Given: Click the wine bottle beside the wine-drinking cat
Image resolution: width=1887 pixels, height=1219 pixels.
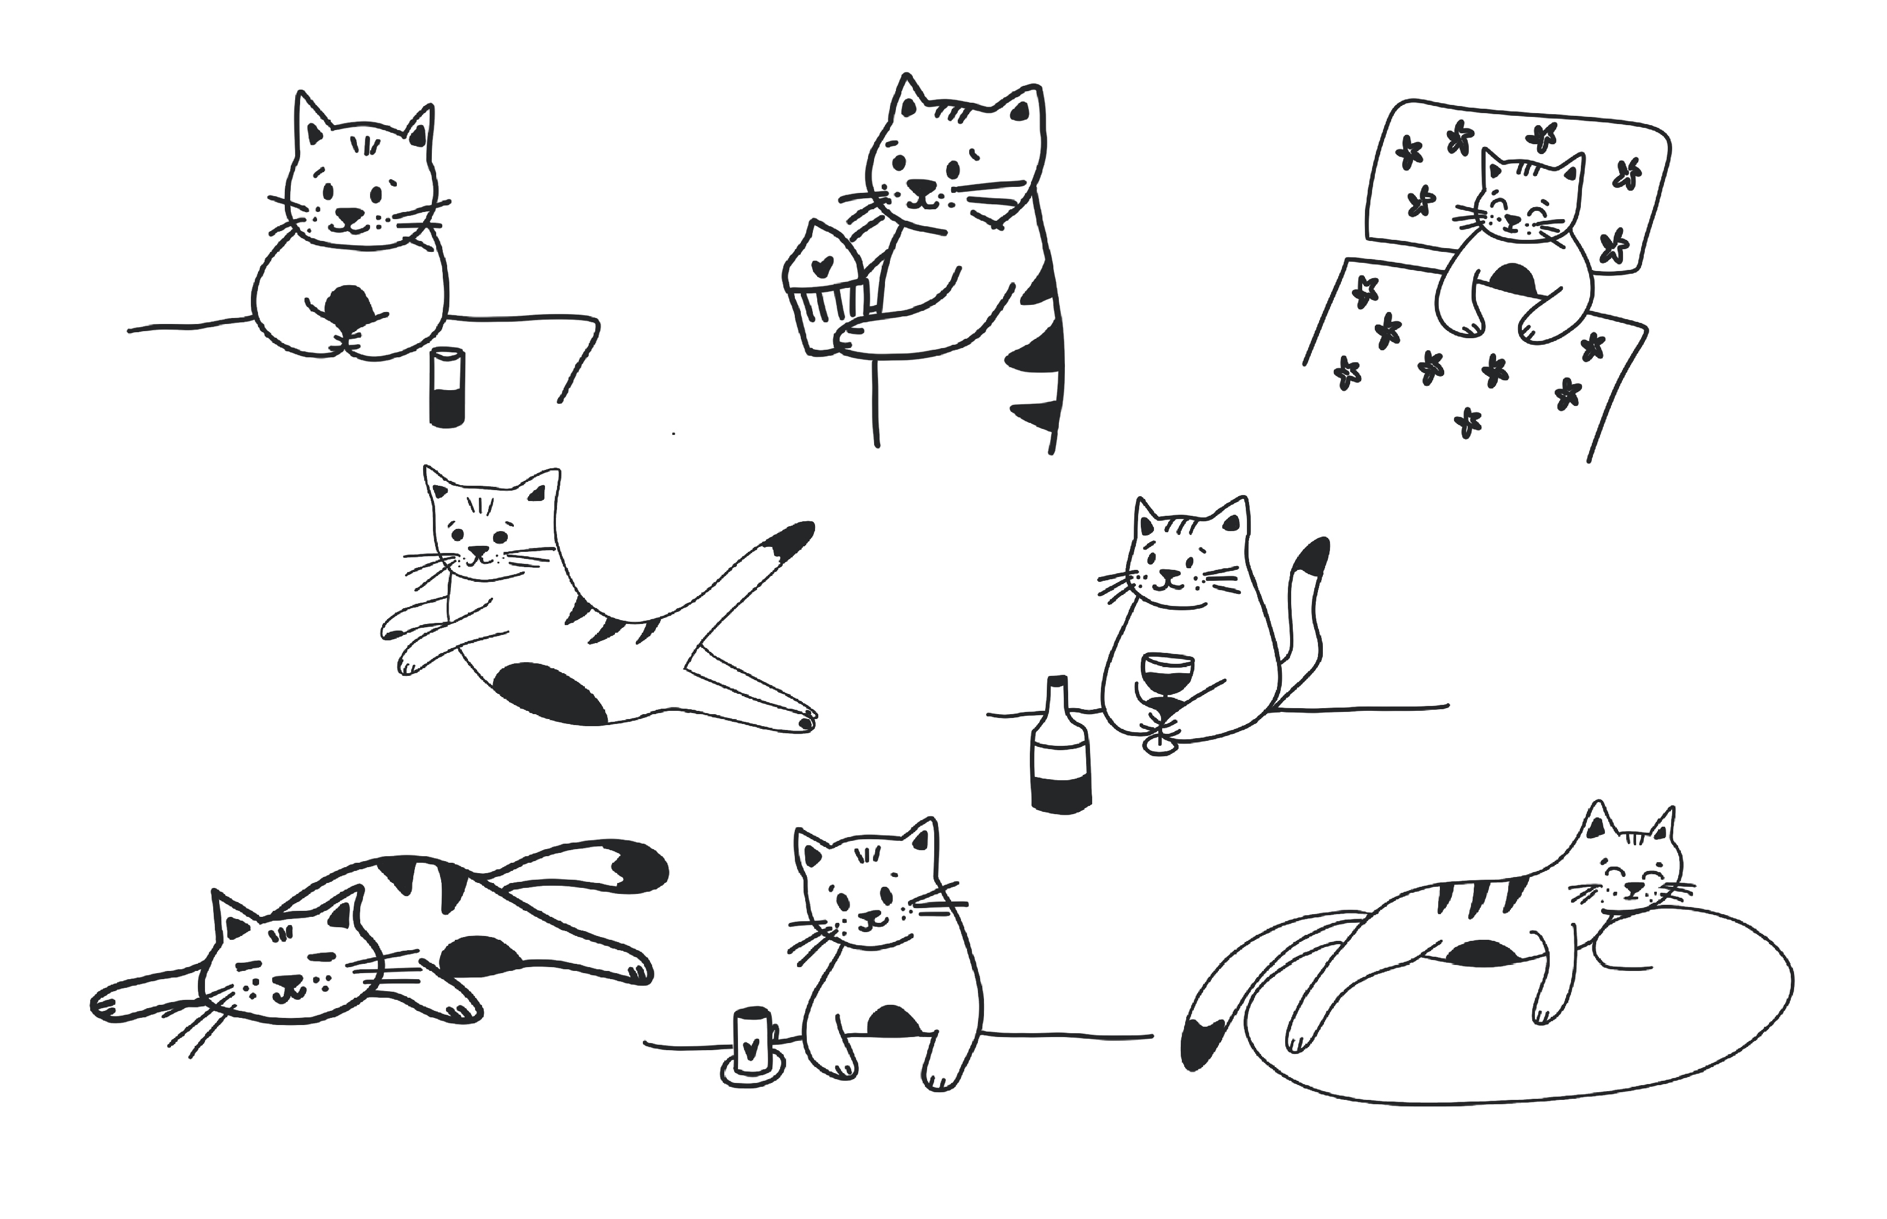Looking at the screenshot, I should (1059, 748).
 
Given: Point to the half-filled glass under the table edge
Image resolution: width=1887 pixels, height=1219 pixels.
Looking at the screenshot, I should (447, 388).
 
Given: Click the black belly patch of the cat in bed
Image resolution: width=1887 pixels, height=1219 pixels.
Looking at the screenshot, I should (1513, 279).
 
